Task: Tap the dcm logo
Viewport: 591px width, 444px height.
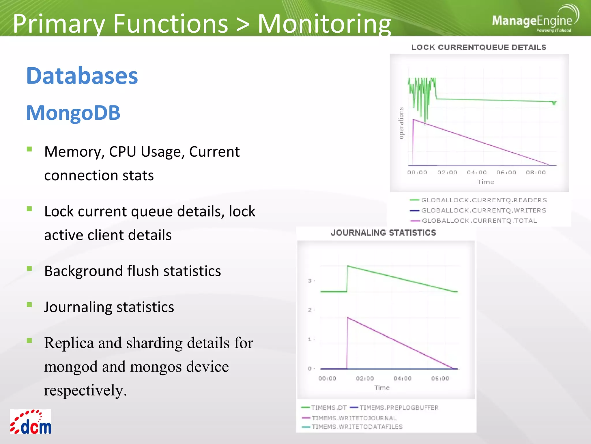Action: pyautogui.click(x=31, y=422)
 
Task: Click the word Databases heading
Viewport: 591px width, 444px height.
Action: pyautogui.click(x=82, y=76)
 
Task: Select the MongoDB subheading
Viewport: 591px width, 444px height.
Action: pyautogui.click(x=73, y=113)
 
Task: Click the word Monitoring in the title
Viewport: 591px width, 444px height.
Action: pyautogui.click(x=324, y=24)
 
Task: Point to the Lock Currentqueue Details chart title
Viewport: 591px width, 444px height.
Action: pyautogui.click(x=478, y=47)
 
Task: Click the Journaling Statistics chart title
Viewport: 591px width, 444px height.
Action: pyautogui.click(x=383, y=233)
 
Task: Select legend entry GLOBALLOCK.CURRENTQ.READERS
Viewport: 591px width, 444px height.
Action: pyautogui.click(x=484, y=200)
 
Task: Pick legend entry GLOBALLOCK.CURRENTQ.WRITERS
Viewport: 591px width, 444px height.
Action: pyautogui.click(x=483, y=210)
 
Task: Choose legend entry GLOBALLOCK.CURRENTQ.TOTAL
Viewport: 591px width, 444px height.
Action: pyautogui.click(x=479, y=221)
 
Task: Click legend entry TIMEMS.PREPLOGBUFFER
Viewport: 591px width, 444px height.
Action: pyautogui.click(x=399, y=408)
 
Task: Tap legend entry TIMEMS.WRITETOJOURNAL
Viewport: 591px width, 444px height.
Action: pyautogui.click(x=354, y=418)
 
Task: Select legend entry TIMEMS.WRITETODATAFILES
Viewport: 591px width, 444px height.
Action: pyautogui.click(x=357, y=427)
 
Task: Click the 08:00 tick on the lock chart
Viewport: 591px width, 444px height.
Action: pyautogui.click(x=536, y=173)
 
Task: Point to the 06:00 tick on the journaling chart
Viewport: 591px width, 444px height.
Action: pyautogui.click(x=440, y=378)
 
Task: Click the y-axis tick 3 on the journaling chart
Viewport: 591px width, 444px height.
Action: pyautogui.click(x=310, y=281)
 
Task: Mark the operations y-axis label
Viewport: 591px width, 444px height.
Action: pyautogui.click(x=401, y=123)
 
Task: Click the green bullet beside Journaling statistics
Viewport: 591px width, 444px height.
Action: pyautogui.click(x=29, y=305)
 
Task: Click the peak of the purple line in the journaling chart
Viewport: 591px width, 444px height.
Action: pyautogui.click(x=348, y=318)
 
